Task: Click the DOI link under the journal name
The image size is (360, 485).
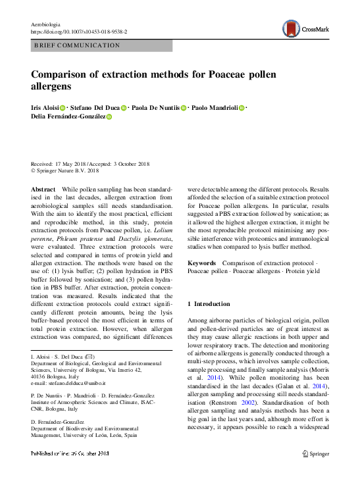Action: (79, 32)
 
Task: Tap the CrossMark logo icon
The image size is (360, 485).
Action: (292, 28)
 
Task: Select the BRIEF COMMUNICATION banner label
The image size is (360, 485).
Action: (76, 45)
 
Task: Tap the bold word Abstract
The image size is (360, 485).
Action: (43, 189)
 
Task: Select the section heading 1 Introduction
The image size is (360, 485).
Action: (209, 304)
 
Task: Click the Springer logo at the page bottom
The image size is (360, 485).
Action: (315, 453)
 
